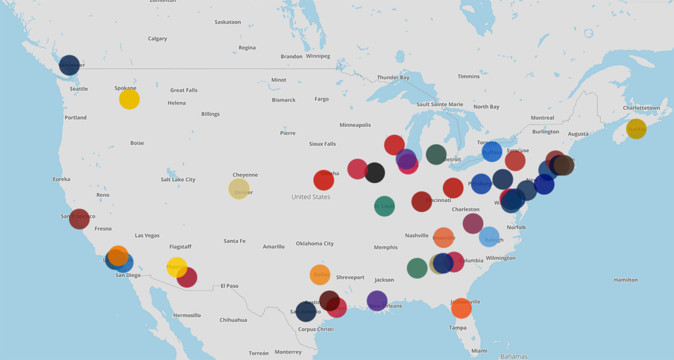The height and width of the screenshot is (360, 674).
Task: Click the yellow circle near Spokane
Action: point(129,99)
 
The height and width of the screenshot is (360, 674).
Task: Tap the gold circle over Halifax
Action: point(636,129)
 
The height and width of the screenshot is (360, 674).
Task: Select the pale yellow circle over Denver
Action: point(239,189)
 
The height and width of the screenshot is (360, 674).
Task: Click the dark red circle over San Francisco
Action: point(79,219)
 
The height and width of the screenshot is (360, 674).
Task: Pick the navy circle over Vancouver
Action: point(69,65)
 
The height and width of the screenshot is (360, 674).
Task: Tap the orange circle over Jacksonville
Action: point(461,307)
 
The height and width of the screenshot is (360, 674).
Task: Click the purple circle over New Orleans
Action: point(377,301)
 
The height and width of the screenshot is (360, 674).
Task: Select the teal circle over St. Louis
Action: point(384,206)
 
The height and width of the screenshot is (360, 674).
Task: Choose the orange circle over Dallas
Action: point(320,274)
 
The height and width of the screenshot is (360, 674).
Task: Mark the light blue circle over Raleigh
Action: point(490,237)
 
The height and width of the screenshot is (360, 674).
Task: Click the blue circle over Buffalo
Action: point(492,151)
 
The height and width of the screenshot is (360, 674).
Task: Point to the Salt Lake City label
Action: point(178,180)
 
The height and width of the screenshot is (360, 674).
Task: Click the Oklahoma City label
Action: point(314,244)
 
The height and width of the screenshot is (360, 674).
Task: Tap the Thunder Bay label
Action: point(393,78)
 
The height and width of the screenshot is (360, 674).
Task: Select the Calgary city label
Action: point(157,39)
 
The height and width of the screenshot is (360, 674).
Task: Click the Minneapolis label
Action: point(355,125)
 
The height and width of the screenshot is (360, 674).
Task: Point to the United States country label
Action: point(311,197)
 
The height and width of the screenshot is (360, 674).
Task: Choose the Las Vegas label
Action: point(147,236)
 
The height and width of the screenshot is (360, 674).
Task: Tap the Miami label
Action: point(479,351)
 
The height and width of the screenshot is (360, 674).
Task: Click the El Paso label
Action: point(229,286)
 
